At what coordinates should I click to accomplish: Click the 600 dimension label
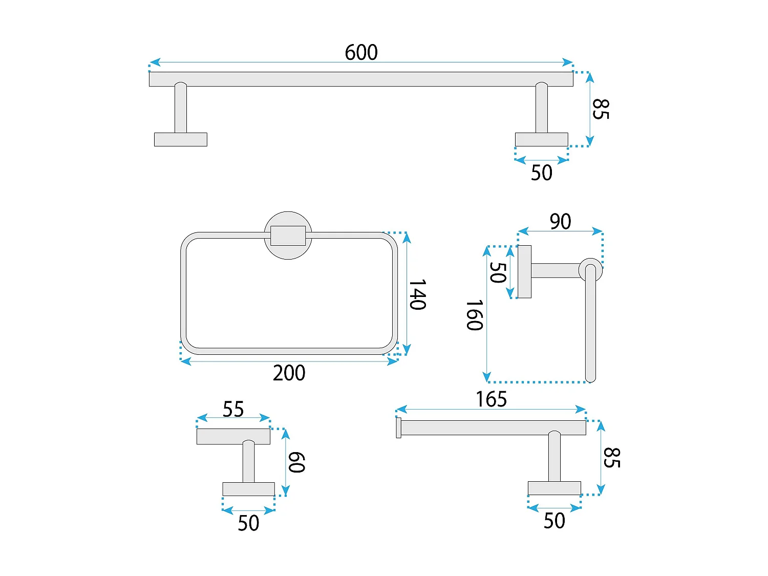pos(361,52)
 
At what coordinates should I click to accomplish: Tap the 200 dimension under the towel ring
pos(289,373)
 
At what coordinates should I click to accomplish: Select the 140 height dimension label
pos(418,294)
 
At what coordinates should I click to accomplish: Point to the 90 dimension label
pos(560,222)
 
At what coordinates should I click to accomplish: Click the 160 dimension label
pos(475,315)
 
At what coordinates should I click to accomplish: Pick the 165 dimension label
pos(491,399)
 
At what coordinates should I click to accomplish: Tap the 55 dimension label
pos(233,409)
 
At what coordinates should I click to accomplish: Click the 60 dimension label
pos(297,462)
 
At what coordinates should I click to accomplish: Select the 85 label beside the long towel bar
pos(601,109)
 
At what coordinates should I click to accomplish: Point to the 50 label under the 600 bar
pos(541,173)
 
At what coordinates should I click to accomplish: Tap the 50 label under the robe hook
pos(248,523)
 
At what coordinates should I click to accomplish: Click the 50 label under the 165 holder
pos(554,521)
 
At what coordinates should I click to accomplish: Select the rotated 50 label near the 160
pos(498,272)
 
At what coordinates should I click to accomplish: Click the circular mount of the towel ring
pos(288,235)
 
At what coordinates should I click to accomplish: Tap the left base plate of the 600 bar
pos(180,139)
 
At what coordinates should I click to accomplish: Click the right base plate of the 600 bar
pos(541,139)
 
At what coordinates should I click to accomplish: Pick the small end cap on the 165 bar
pos(398,428)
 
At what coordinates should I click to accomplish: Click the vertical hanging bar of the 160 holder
pos(590,328)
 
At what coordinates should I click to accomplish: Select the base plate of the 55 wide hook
pos(248,489)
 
